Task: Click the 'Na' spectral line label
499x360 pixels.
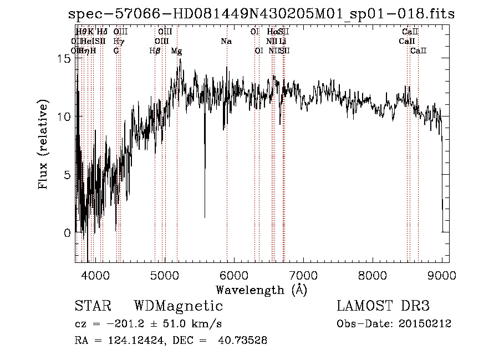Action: coord(226,42)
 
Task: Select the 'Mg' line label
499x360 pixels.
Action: coord(176,51)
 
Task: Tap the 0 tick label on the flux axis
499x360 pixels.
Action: coord(67,233)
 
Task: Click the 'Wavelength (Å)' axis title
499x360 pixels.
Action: coord(261,290)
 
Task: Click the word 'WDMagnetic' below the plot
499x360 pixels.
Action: coord(178,306)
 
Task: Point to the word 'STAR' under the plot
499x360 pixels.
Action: coord(93,306)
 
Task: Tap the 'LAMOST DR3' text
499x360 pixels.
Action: coord(383,306)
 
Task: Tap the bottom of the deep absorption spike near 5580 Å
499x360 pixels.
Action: coord(205,217)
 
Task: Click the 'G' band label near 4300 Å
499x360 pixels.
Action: coord(116,51)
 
